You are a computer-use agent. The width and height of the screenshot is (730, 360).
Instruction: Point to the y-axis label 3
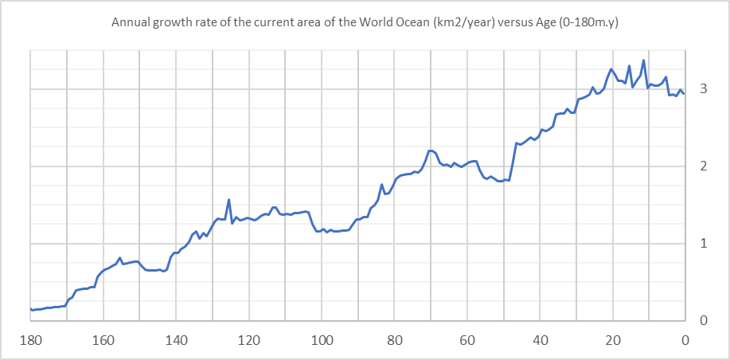[703, 89]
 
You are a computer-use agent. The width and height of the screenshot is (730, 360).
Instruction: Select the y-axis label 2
[703, 166]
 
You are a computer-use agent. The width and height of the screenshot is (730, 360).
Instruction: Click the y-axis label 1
[703, 244]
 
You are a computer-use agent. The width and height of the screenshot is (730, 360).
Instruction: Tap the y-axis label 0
[703, 321]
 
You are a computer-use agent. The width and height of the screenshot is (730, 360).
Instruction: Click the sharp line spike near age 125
[229, 200]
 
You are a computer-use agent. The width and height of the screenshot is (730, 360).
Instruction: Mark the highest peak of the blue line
[643, 61]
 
